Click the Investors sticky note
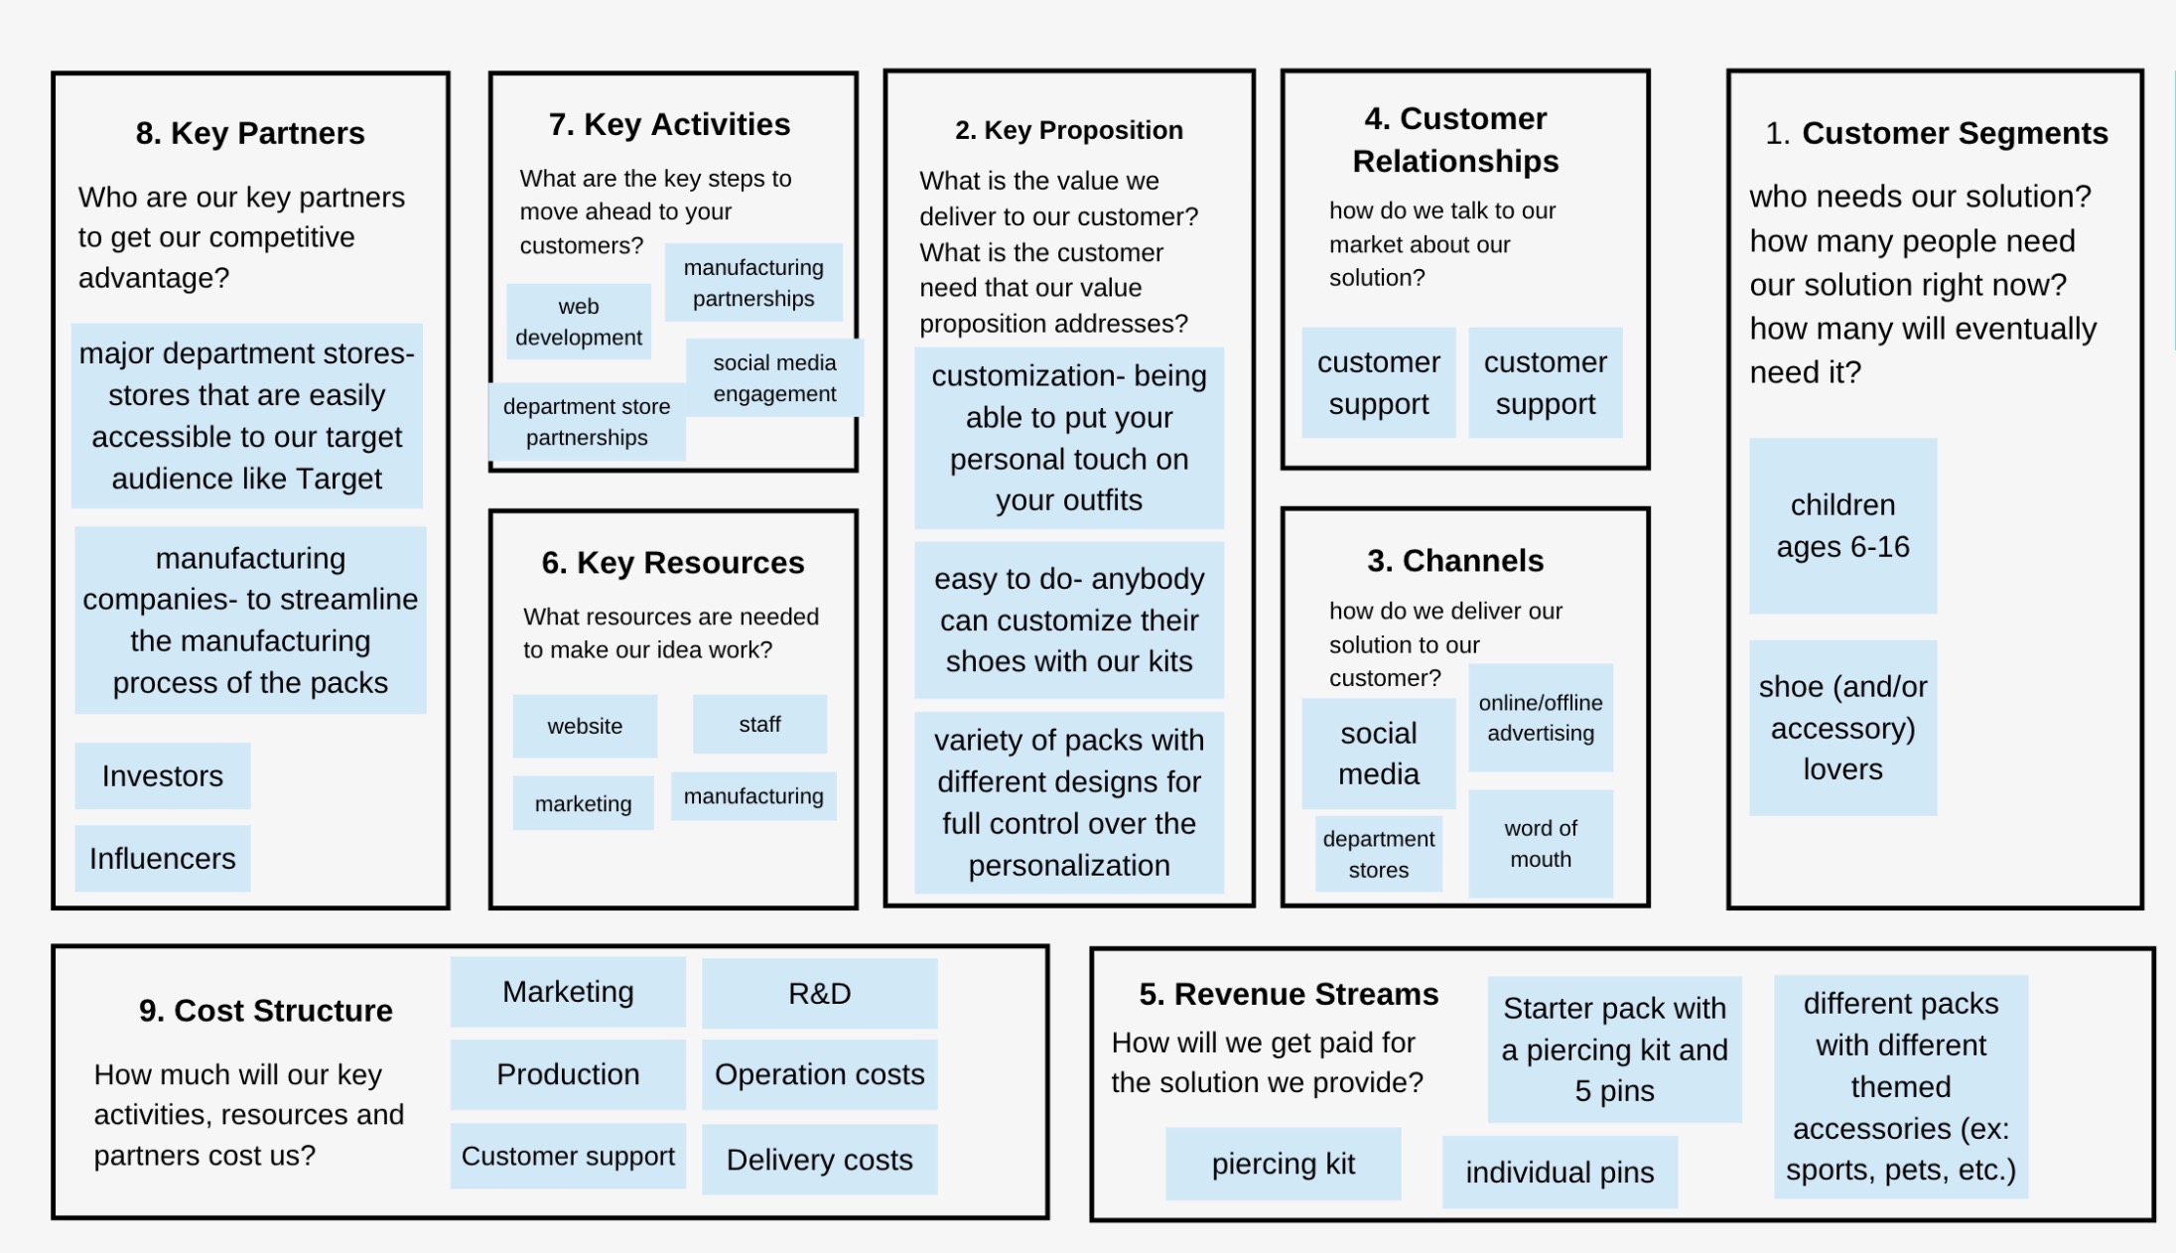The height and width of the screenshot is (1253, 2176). coord(163,775)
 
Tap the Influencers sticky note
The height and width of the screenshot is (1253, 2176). coord(163,858)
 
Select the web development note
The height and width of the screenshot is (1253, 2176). coord(578,322)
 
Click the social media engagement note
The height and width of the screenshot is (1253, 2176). coord(774,378)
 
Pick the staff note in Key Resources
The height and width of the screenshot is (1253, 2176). coord(759,725)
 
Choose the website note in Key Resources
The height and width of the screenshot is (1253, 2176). coord(585,726)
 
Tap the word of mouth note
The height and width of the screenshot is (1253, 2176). coord(1541,843)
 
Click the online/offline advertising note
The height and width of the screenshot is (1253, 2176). coord(1541,718)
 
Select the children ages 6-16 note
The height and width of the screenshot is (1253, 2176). coord(1842,526)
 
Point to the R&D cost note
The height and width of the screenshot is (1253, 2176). coord(819,993)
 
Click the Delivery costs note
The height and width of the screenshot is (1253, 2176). coord(819,1159)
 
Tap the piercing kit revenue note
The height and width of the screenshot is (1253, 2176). coord(1283,1164)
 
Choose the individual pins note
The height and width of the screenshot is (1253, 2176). coord(1560,1173)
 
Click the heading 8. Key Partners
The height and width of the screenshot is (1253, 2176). coord(250,133)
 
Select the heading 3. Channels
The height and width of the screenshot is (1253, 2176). coord(1455,561)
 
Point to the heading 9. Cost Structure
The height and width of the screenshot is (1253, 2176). coord(266,1011)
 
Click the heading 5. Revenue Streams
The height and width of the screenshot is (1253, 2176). coord(1289,994)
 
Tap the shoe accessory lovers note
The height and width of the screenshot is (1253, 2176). coord(1842,728)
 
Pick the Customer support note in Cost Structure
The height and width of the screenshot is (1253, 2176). coord(568,1156)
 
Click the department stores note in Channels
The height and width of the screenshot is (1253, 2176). coord(1378,854)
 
